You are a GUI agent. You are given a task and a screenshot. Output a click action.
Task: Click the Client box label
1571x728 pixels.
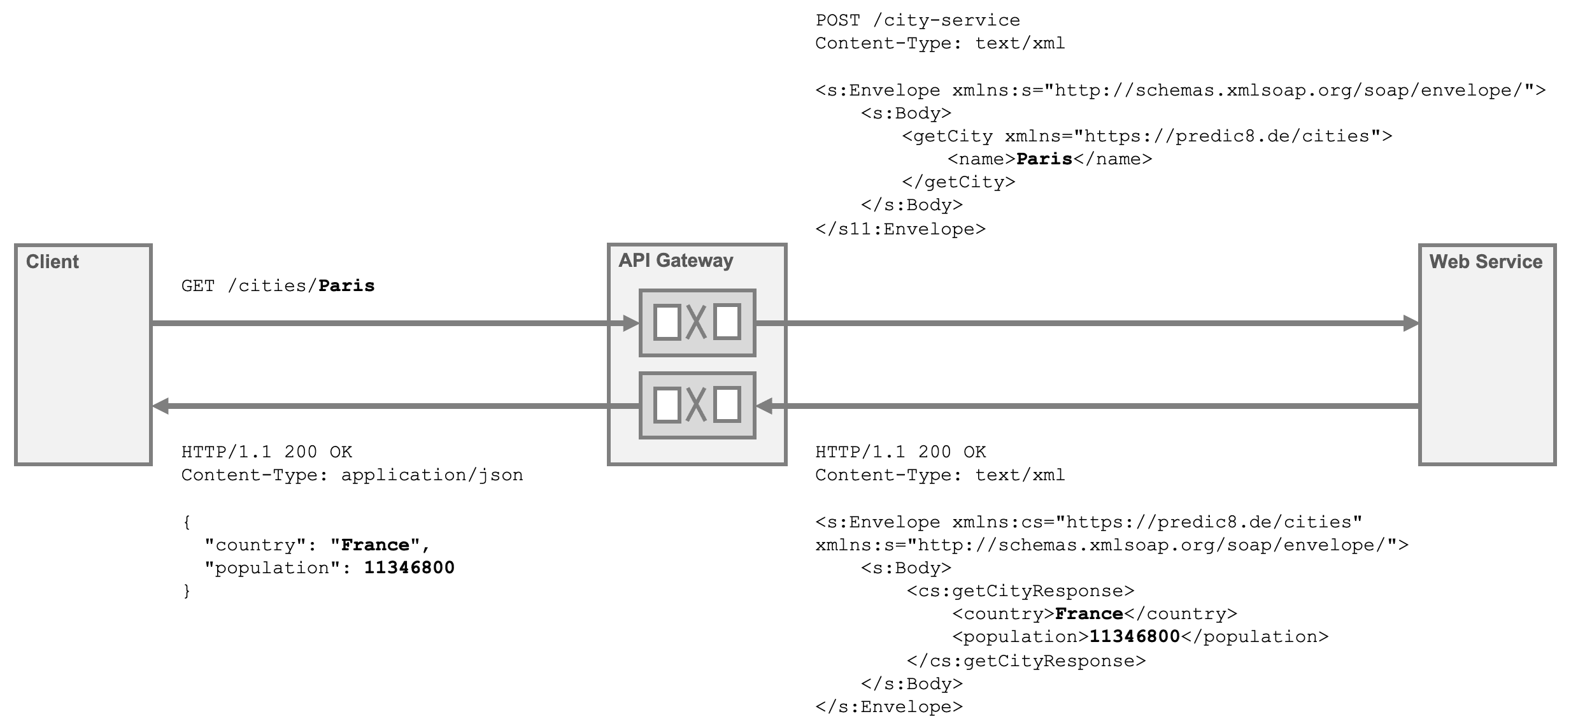(52, 262)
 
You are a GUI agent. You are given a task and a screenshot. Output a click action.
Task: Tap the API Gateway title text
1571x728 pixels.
(676, 261)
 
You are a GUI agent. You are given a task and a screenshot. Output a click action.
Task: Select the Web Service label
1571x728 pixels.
(1486, 262)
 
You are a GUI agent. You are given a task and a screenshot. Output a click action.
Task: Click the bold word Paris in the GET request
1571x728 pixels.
(346, 286)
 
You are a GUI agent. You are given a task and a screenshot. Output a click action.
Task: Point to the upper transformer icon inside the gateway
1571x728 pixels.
(697, 323)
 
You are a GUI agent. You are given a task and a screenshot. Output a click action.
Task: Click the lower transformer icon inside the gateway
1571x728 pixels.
(697, 406)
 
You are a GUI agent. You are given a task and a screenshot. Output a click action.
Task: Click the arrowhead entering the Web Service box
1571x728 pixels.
(1411, 324)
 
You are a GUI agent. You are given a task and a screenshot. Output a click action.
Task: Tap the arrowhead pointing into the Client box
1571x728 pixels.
(160, 406)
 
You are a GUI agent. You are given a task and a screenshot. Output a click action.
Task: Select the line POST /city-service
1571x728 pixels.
(918, 20)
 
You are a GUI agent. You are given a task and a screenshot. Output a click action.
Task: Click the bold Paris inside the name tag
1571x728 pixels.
(1044, 159)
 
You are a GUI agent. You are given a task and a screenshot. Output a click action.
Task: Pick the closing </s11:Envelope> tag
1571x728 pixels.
(900, 229)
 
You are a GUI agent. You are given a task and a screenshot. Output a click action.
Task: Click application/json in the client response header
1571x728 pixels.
(432, 475)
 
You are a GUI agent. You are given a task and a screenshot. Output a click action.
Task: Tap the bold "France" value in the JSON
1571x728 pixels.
(375, 545)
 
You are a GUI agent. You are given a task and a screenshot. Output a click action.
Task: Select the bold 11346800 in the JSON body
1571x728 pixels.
(409, 568)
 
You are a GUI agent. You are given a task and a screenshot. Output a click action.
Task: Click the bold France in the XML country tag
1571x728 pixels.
(1089, 614)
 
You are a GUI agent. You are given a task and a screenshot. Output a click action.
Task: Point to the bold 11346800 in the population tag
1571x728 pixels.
(1135, 637)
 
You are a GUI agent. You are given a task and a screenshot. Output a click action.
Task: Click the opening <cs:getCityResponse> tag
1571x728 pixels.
(1021, 591)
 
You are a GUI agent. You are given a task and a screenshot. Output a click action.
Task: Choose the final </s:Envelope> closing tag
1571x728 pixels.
(889, 707)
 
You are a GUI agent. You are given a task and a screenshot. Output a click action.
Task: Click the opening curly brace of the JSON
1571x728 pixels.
(187, 522)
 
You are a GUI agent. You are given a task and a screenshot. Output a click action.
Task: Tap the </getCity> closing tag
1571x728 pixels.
(958, 182)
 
